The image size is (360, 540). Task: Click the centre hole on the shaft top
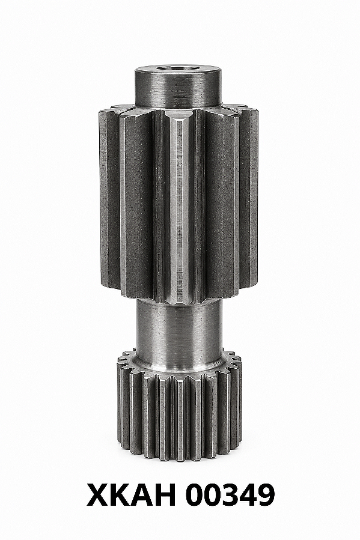pyautogui.click(x=178, y=68)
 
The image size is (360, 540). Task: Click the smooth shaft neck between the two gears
pyautogui.click(x=178, y=330)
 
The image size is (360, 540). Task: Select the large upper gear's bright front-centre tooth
pyautogui.click(x=178, y=207)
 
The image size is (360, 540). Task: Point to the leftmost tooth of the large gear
pyautogui.click(x=107, y=198)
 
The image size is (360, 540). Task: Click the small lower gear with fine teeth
pyautogui.click(x=179, y=407)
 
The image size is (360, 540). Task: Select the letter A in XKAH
pyautogui.click(x=147, y=494)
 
